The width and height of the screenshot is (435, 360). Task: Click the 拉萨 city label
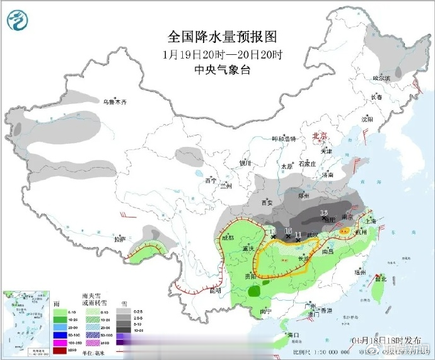point(120,240)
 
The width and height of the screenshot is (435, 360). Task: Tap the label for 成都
point(228,238)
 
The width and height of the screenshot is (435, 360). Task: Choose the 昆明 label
point(215,291)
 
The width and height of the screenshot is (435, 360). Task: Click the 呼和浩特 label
point(283,139)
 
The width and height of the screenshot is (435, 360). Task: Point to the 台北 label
point(380,278)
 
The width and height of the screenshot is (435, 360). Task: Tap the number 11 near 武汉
point(299,234)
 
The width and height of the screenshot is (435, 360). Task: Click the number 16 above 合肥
point(325,212)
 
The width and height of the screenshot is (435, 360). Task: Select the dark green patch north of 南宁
point(253,292)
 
